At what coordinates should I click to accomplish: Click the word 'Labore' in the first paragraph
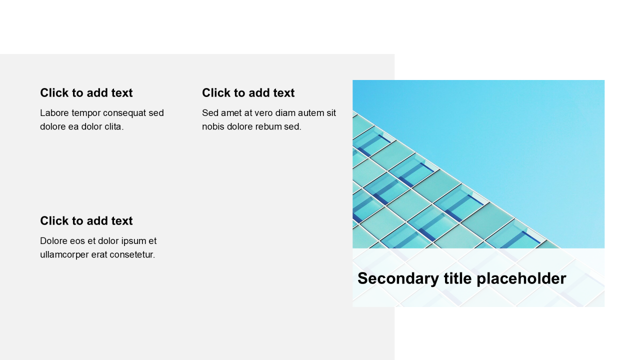(54, 113)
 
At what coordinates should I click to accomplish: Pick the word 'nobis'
(213, 126)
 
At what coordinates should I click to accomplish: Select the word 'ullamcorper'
(64, 255)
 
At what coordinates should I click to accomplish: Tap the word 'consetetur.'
(132, 254)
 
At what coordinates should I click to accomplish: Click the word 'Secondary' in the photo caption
(398, 279)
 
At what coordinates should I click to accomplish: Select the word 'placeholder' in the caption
(521, 279)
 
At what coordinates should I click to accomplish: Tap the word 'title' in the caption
(457, 278)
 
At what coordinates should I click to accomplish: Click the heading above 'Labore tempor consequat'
(86, 93)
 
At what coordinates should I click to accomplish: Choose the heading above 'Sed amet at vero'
(248, 93)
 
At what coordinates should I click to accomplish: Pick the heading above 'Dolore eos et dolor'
(86, 221)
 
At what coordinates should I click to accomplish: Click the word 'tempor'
(84, 113)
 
